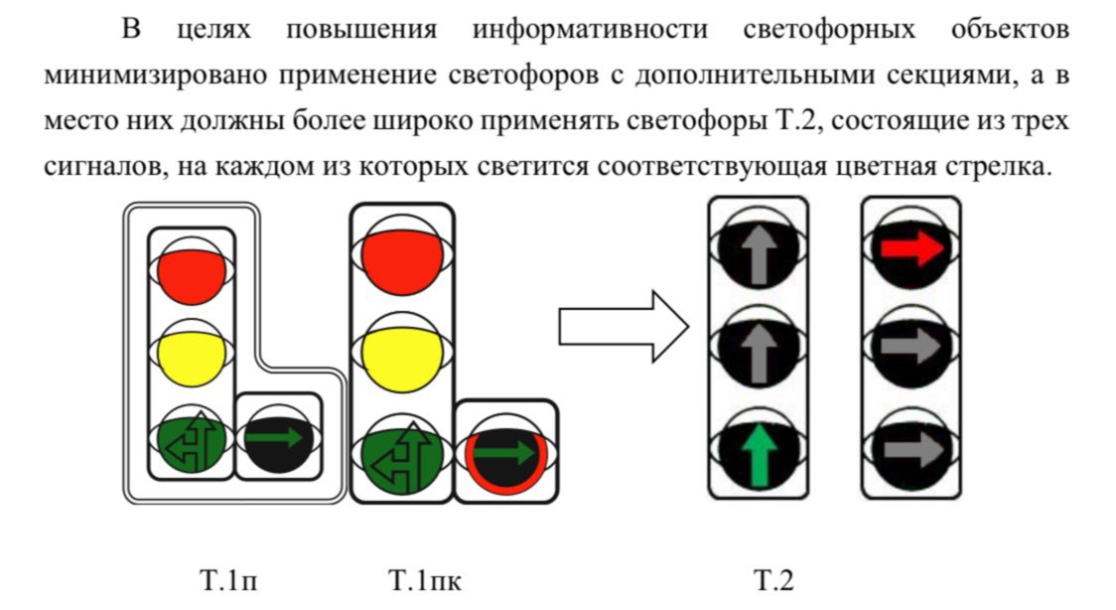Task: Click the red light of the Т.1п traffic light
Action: click(192, 274)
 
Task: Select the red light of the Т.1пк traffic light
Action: click(402, 261)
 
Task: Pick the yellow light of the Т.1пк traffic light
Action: click(402, 361)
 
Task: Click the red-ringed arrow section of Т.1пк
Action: click(506, 453)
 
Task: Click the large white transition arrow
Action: click(624, 327)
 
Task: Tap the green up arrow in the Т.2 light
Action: click(758, 456)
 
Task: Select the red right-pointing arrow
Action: click(911, 248)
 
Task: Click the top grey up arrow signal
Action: click(758, 252)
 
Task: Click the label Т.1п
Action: click(229, 581)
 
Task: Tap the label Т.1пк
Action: click(425, 581)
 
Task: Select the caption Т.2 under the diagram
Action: click(773, 581)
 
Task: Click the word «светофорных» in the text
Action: click(829, 30)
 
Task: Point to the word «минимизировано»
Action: click(156, 76)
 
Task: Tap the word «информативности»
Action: click(590, 30)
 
